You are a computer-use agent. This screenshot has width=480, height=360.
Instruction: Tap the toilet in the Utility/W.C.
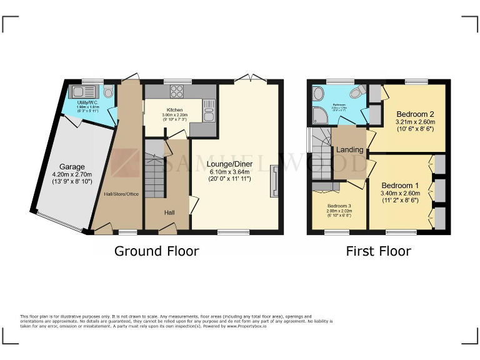(x=109, y=92)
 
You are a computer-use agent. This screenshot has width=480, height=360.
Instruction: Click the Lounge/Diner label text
(x=232, y=164)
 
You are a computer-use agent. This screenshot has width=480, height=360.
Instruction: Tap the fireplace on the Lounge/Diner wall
(x=274, y=181)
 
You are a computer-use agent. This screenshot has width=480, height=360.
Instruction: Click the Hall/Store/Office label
(x=121, y=194)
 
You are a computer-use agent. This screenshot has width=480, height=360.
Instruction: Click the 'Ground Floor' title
(x=156, y=251)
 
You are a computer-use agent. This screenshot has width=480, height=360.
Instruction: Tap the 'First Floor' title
(x=379, y=251)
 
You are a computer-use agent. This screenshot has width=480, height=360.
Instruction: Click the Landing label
(x=349, y=150)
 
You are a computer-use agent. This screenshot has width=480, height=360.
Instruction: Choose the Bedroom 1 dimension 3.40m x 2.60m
(x=401, y=194)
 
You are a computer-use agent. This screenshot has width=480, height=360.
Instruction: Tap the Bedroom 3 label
(x=340, y=206)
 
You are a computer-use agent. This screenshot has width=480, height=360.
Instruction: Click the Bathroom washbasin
(x=318, y=94)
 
